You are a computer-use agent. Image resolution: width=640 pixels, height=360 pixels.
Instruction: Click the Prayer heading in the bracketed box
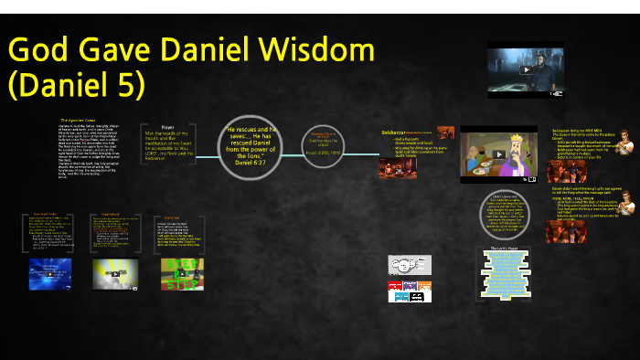pyautogui.click(x=166, y=127)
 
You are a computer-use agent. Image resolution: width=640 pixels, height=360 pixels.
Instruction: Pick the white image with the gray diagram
pyautogui.click(x=409, y=265)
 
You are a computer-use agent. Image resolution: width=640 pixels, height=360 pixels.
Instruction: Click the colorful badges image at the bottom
pyautogui.click(x=409, y=291)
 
